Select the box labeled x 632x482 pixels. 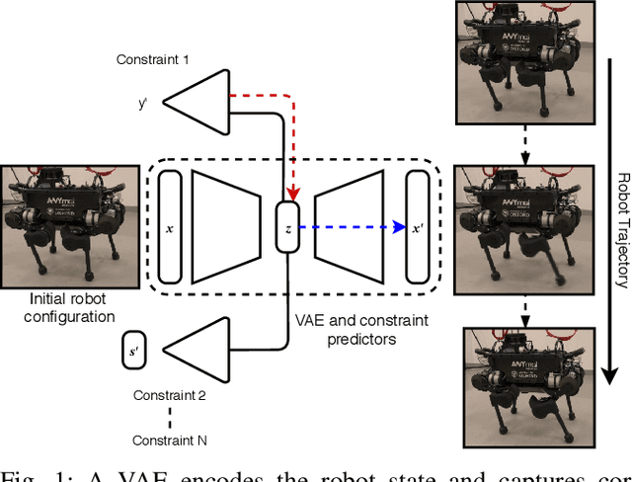[x=170, y=227]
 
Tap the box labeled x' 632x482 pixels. [x=418, y=226]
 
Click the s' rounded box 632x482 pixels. [x=133, y=352]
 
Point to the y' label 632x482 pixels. [x=144, y=101]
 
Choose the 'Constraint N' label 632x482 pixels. [x=171, y=441]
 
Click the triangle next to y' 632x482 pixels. [x=188, y=100]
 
